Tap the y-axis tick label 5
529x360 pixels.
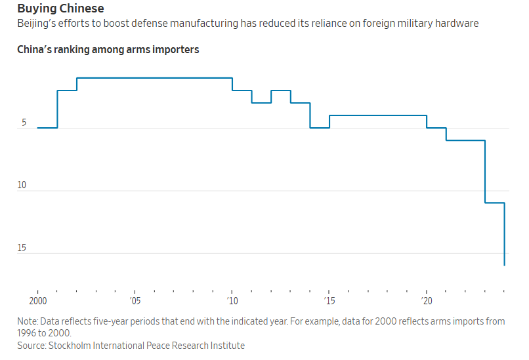point(24,123)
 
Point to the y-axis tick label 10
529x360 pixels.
point(22,186)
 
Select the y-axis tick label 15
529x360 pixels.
point(22,248)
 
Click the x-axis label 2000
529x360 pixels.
point(38,301)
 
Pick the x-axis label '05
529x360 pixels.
point(135,301)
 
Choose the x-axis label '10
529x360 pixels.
point(232,301)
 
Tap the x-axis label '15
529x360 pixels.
point(329,301)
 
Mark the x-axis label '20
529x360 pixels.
point(427,301)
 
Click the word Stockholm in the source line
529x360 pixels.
point(72,346)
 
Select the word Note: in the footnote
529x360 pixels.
point(28,321)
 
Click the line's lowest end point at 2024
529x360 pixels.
point(504,265)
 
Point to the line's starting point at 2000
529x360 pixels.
point(38,128)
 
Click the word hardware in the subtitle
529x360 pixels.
point(458,24)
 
